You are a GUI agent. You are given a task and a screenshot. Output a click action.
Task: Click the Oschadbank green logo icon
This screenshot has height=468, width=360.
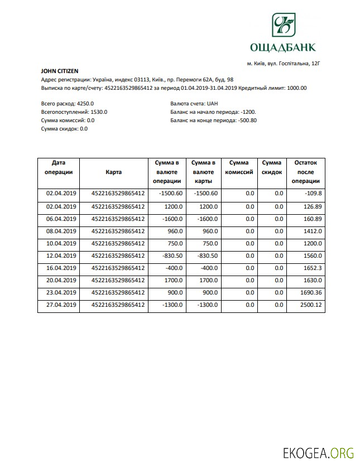(284, 26)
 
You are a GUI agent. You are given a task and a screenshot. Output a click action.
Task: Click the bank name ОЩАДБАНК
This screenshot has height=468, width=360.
(284, 47)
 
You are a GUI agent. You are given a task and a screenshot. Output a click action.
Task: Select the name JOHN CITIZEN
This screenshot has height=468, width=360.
(60, 71)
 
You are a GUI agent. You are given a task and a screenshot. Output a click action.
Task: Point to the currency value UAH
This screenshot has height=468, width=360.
(212, 104)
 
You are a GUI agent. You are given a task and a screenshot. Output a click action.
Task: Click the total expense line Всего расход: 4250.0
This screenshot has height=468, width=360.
(68, 104)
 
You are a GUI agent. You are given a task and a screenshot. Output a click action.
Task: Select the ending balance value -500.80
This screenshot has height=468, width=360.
(247, 120)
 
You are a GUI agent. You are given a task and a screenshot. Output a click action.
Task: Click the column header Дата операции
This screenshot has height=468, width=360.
(59, 167)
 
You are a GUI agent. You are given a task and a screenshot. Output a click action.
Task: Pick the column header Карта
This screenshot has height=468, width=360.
(113, 172)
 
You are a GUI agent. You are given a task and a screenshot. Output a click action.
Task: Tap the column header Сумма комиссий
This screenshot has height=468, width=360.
(239, 167)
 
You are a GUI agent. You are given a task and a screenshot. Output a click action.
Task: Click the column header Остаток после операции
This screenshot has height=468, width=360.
(305, 172)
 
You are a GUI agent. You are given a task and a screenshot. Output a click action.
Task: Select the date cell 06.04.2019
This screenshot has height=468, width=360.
(60, 219)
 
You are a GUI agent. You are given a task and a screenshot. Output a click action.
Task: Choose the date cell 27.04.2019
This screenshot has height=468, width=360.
(60, 305)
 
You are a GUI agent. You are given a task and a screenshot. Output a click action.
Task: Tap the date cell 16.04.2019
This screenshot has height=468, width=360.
(60, 268)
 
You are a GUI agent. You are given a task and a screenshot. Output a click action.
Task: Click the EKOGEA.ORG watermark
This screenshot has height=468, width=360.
(318, 453)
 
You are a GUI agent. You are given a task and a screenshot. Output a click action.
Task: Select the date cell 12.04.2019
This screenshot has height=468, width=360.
(60, 255)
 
